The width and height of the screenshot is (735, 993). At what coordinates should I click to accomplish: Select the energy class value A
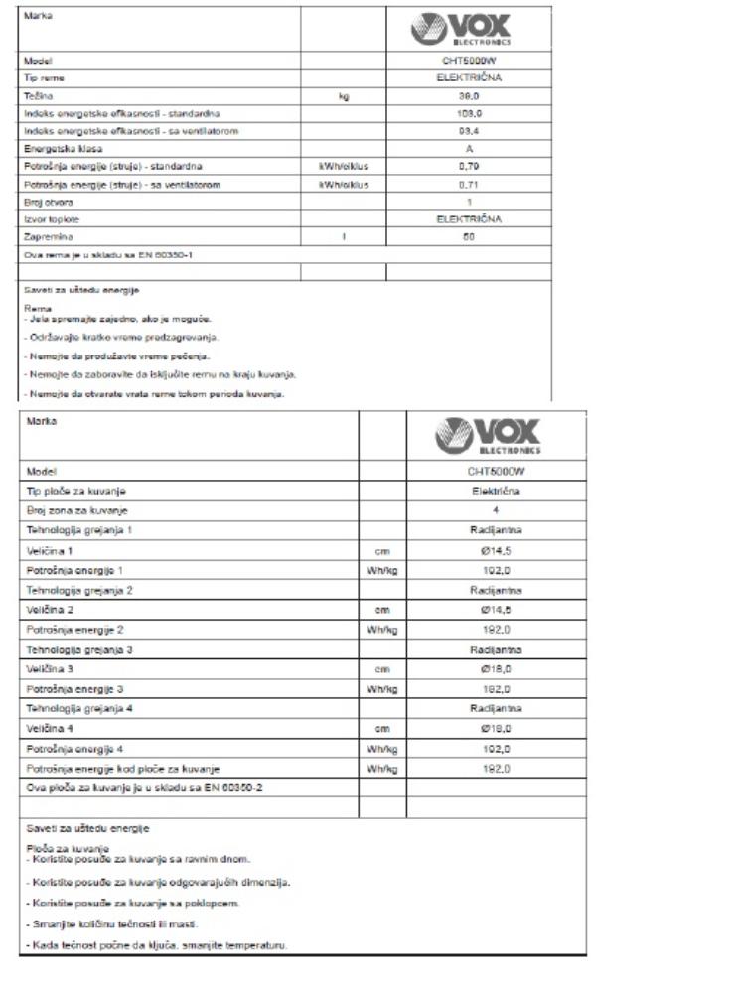pos(469,148)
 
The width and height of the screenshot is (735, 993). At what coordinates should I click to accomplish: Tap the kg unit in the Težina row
pos(343,96)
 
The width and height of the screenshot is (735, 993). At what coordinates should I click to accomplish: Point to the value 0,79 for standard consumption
pos(469,166)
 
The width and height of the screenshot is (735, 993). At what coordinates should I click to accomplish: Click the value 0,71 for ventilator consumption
pos(469,184)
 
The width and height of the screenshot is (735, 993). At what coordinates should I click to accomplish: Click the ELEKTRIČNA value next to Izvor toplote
pos(469,218)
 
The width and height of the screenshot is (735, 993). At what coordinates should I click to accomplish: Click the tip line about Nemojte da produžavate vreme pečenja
pos(116,355)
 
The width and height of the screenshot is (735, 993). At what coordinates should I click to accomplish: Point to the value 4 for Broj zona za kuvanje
pos(495,510)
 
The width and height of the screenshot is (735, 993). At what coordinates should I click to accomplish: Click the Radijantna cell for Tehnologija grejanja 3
pos(495,649)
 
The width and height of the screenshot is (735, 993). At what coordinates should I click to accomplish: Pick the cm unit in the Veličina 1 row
pos(382,549)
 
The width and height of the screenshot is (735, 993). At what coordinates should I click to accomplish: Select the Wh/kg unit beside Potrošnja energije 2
pos(382,629)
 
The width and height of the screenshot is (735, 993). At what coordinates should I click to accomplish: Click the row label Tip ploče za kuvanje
pos(76,491)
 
